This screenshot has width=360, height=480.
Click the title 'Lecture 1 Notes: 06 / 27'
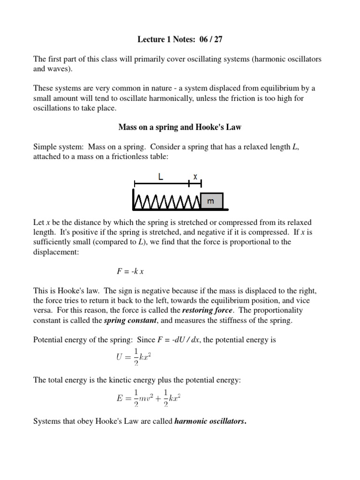(180, 39)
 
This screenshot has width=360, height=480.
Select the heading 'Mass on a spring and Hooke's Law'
(180, 127)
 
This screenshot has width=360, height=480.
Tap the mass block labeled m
(211, 201)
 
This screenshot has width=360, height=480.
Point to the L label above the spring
(161, 177)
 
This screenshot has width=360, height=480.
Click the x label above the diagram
(195, 176)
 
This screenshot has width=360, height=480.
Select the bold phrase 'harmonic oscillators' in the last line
(210, 421)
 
